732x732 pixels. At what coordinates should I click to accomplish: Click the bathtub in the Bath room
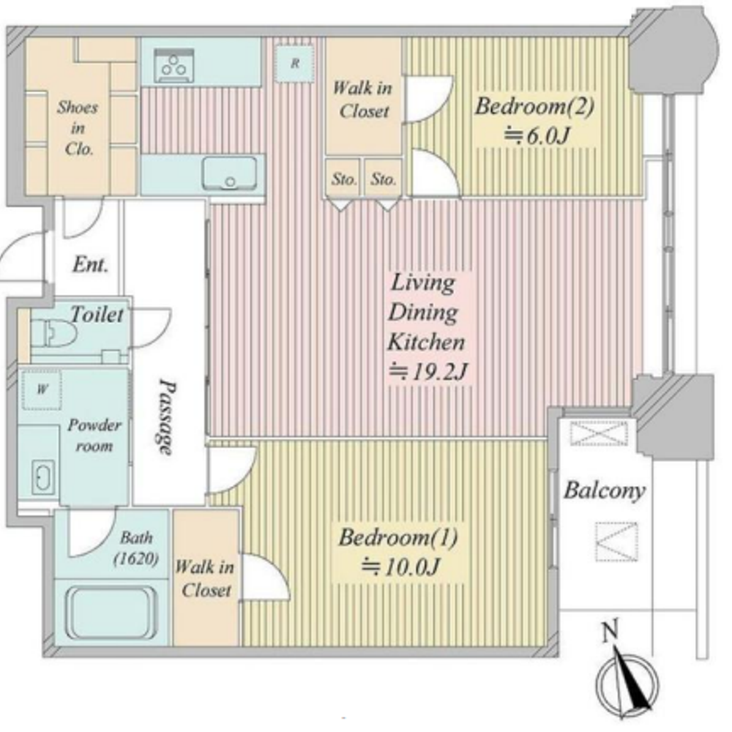[111, 613]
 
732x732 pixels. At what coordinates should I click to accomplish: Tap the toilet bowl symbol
[55, 332]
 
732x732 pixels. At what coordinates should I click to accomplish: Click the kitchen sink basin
[229, 173]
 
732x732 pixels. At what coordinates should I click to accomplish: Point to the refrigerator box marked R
[294, 63]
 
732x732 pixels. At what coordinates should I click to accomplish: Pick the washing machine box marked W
[42, 389]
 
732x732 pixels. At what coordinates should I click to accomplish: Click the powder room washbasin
[43, 477]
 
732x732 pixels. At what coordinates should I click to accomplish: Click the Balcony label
[605, 491]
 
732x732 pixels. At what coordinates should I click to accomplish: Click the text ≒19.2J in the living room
[428, 372]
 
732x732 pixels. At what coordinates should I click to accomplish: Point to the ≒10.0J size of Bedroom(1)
[400, 567]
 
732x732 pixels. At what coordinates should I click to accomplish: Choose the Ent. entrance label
[90, 265]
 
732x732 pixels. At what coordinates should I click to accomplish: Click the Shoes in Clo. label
[78, 128]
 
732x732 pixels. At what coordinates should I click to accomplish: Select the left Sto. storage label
[344, 179]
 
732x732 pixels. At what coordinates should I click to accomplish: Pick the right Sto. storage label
[384, 179]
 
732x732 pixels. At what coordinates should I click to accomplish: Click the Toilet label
[97, 314]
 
